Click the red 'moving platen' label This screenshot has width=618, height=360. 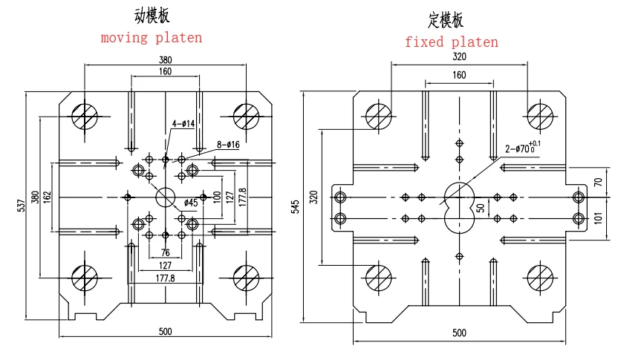[x=152, y=37]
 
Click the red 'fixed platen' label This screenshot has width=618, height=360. [x=451, y=42]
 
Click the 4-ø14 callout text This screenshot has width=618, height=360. [x=183, y=124]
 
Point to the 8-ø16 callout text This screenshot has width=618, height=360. [x=228, y=145]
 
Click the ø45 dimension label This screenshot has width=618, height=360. [x=191, y=202]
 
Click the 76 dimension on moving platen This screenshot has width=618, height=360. [x=165, y=254]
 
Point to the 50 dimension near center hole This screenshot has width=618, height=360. [x=481, y=208]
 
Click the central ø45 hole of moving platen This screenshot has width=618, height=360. [x=165, y=197]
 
